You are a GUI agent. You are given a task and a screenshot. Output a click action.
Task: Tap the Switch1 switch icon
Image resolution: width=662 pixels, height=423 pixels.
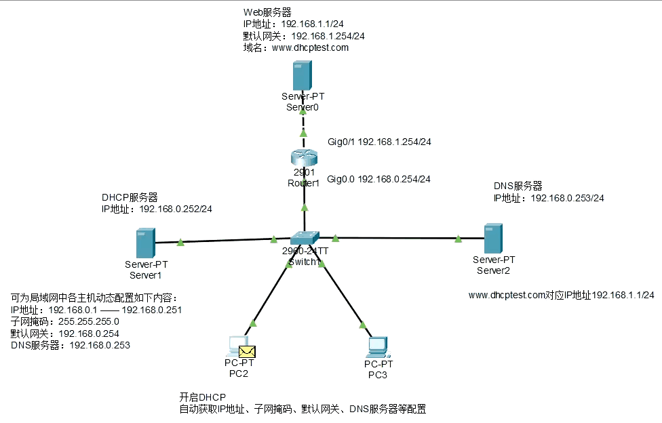pyautogui.click(x=304, y=238)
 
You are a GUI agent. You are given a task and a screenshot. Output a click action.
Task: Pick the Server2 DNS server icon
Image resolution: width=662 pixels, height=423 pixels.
pyautogui.click(x=493, y=239)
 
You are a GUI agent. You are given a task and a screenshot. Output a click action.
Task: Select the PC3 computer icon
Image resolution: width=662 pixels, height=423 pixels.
pyautogui.click(x=377, y=346)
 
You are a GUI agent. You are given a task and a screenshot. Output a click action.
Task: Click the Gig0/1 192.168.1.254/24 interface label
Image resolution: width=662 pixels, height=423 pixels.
pyautogui.click(x=379, y=142)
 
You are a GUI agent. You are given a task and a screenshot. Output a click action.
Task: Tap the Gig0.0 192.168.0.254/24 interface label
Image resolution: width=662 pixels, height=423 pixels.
pyautogui.click(x=379, y=180)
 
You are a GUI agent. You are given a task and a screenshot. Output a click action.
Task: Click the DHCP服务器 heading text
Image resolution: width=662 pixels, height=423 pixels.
pyautogui.click(x=130, y=197)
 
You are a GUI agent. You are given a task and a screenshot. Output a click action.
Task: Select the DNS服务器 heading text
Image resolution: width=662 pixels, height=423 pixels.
pyautogui.click(x=518, y=186)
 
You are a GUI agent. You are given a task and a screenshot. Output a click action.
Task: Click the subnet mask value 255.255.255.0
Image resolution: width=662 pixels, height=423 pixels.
pyautogui.click(x=88, y=321)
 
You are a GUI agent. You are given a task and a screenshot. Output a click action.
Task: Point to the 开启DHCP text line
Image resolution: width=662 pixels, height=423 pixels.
pyautogui.click(x=202, y=397)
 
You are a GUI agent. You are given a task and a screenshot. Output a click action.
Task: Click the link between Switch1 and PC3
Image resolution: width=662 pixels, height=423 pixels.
pyautogui.click(x=343, y=295)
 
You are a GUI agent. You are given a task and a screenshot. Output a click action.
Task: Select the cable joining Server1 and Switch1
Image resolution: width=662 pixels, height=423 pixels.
pyautogui.click(x=224, y=240)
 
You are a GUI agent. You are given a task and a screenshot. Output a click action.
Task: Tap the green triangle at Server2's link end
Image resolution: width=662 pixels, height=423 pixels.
pyautogui.click(x=459, y=238)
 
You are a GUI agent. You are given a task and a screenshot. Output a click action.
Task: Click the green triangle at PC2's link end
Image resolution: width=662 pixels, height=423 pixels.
pyautogui.click(x=253, y=323)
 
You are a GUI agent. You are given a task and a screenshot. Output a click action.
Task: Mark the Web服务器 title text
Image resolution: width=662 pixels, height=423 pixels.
pyautogui.click(x=269, y=13)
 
